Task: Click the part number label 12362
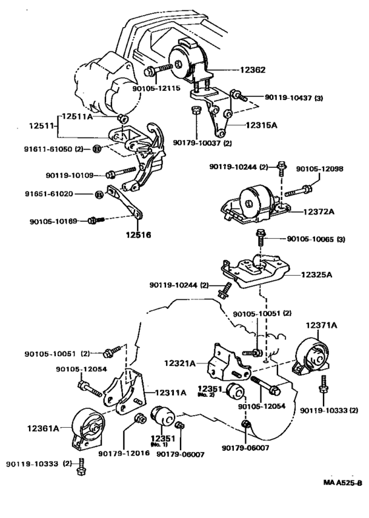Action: (252, 70)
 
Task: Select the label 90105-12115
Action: (156, 88)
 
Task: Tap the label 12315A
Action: (261, 125)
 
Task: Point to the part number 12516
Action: (138, 235)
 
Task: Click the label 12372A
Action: (319, 211)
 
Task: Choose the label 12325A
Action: (316, 274)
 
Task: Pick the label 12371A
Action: (321, 325)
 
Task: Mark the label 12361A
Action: (43, 428)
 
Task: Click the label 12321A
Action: (180, 363)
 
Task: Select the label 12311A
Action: (171, 392)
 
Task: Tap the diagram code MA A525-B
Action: (343, 482)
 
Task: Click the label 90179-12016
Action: (124, 453)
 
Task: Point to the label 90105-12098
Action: (320, 168)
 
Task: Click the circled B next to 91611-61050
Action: (97, 149)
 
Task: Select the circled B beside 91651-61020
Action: (99, 195)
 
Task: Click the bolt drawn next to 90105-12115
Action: (158, 69)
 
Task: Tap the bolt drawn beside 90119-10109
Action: (121, 172)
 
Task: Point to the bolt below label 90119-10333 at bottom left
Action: (80, 467)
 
